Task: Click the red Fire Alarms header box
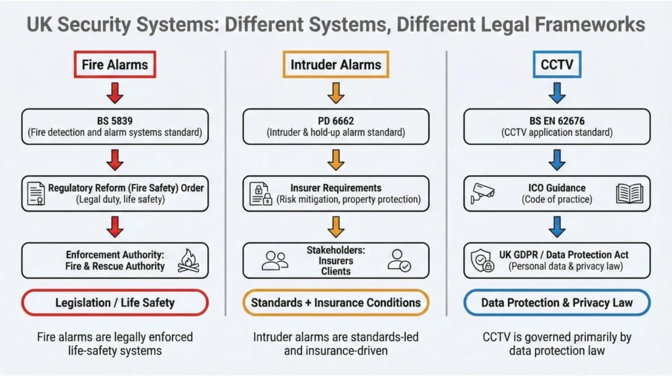tap(115, 64)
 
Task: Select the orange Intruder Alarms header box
tap(336, 64)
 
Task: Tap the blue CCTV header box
tap(556, 64)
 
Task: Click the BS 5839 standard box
tap(115, 126)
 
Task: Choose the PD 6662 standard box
tap(336, 126)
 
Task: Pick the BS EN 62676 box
tap(556, 126)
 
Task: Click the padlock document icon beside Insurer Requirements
tap(261, 194)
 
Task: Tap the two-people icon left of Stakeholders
tap(274, 260)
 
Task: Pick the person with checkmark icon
tap(398, 260)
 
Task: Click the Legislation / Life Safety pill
tap(115, 303)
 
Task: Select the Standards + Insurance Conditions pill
tap(336, 303)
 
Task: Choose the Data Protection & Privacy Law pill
tap(556, 303)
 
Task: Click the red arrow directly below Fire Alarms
tap(115, 93)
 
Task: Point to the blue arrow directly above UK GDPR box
tap(556, 226)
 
